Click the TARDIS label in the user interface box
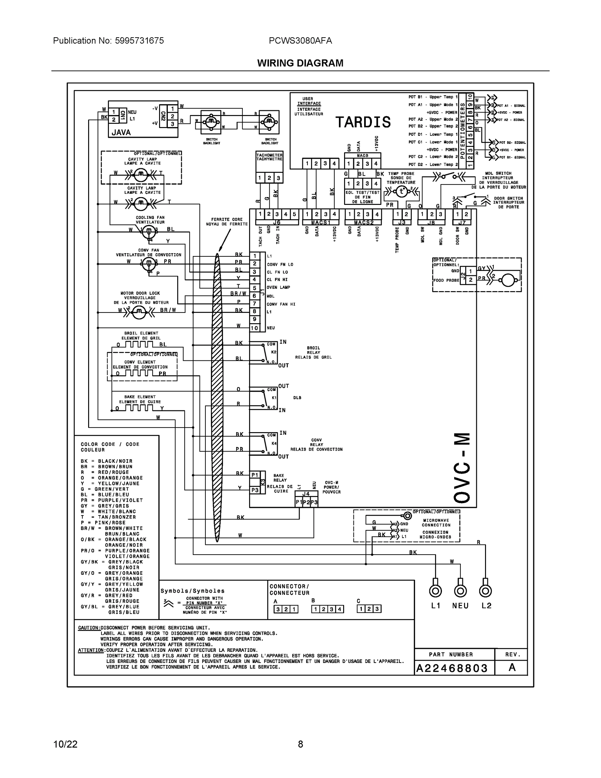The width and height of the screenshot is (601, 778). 363,122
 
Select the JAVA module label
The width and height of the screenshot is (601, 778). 121,133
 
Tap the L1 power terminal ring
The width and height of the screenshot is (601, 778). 435,591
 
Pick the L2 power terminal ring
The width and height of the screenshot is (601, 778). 485,591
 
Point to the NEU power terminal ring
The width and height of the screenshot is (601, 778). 460,591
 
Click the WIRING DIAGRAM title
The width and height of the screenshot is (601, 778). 300,63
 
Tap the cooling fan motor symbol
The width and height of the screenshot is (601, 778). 149,232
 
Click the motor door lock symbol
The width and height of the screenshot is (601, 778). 139,312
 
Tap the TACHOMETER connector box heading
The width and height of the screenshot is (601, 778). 269,157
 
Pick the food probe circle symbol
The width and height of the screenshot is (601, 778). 508,280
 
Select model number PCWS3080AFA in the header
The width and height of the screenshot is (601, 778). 300,41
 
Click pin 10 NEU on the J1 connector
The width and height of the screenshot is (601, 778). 255,328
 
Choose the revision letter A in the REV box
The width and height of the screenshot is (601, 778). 512,667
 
